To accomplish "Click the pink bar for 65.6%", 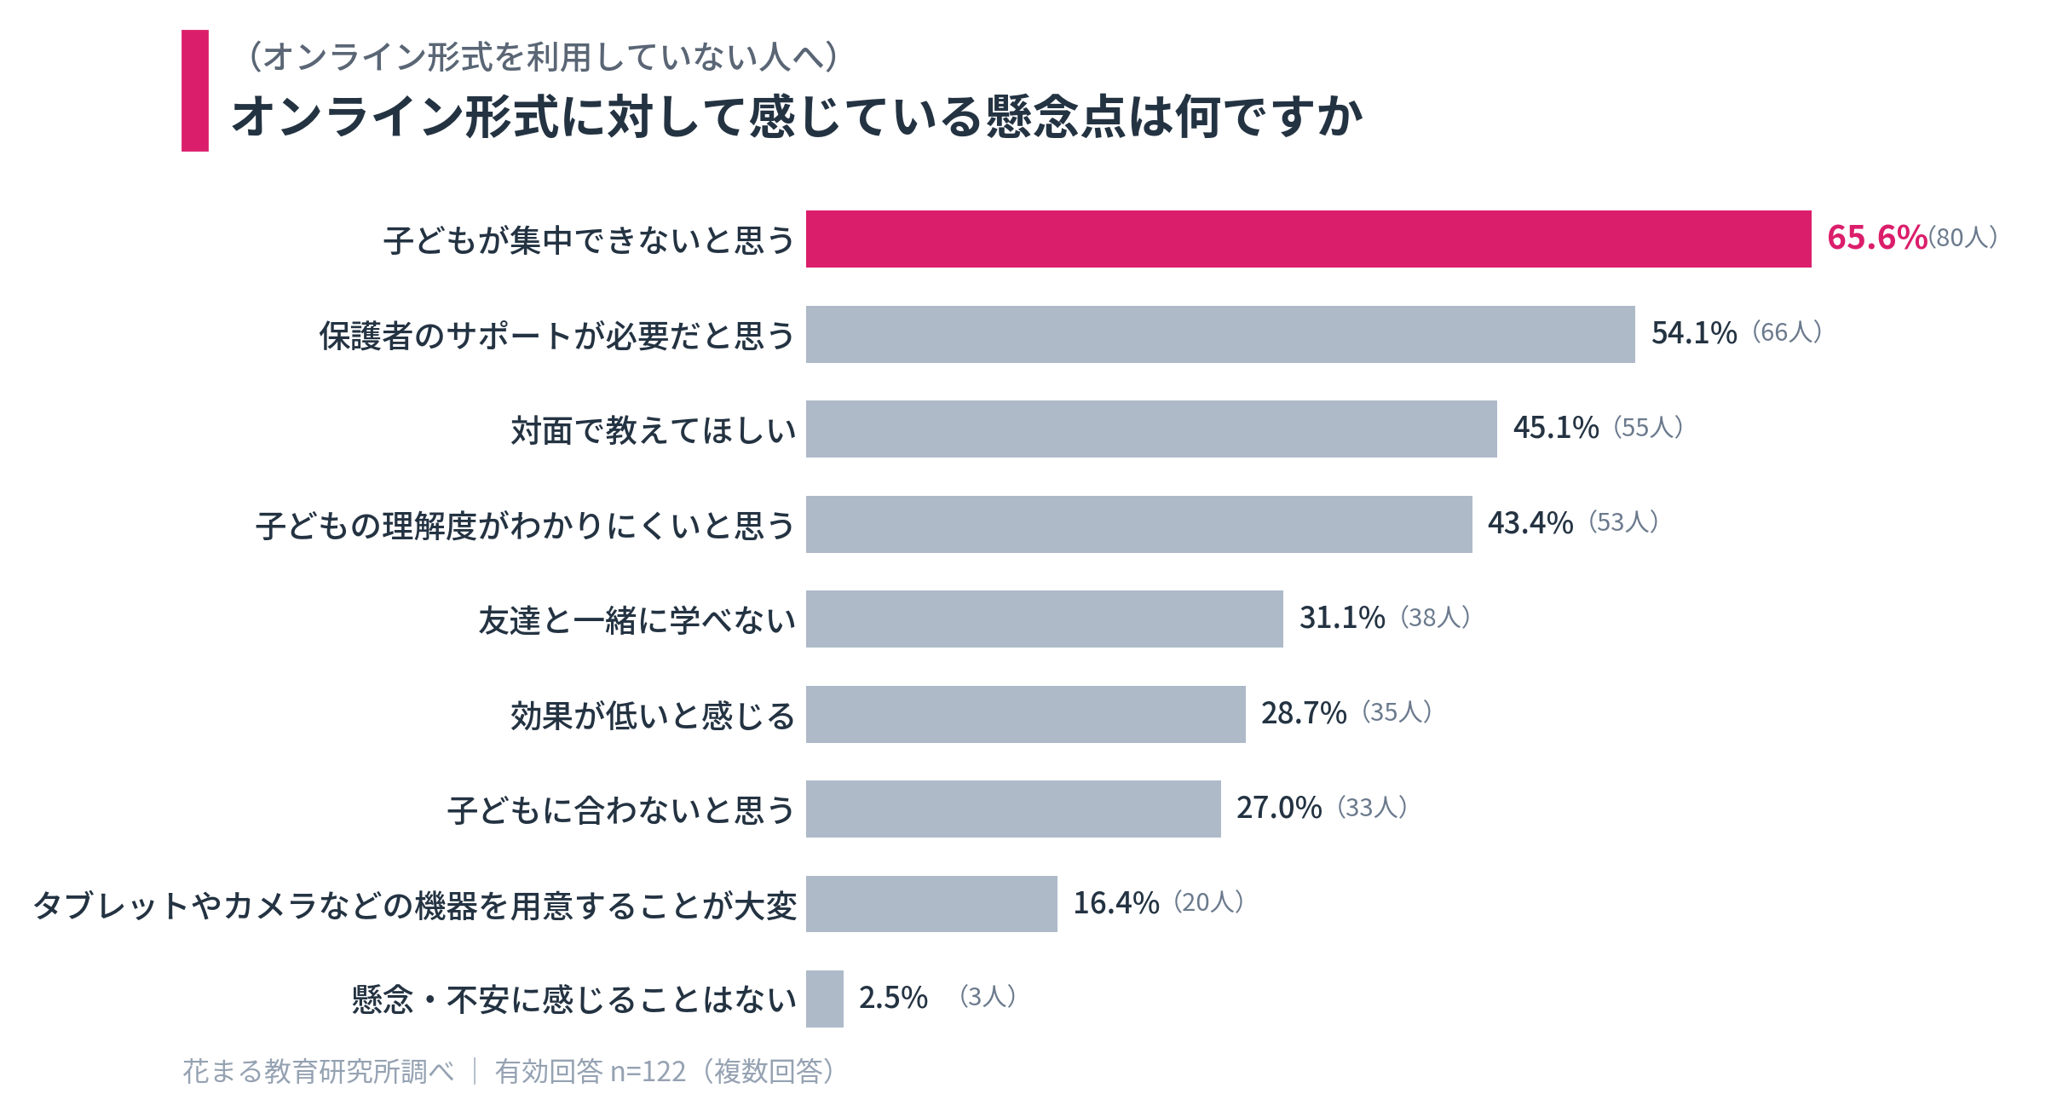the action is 1308,239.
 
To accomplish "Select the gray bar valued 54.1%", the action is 1220,334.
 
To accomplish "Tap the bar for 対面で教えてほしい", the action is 1151,429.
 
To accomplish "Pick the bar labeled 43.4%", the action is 1138,524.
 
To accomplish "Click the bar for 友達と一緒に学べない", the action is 1044,619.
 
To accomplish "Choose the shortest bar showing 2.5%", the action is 824,999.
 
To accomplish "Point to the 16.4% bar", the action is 931,904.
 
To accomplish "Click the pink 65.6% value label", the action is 1876,238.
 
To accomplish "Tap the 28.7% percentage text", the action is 1304,713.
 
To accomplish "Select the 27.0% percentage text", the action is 1279,808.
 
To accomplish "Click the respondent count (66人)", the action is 1787,332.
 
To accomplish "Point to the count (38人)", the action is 1435,618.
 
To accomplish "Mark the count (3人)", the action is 988,997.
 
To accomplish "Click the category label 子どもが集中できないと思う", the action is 589,240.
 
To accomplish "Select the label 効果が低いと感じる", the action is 653,716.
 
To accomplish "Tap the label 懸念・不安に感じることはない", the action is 574,999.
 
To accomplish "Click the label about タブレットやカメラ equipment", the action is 415,905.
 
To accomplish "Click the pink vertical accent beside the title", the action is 195,91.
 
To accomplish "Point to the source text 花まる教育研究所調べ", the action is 319,1071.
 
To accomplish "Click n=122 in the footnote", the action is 648,1072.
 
